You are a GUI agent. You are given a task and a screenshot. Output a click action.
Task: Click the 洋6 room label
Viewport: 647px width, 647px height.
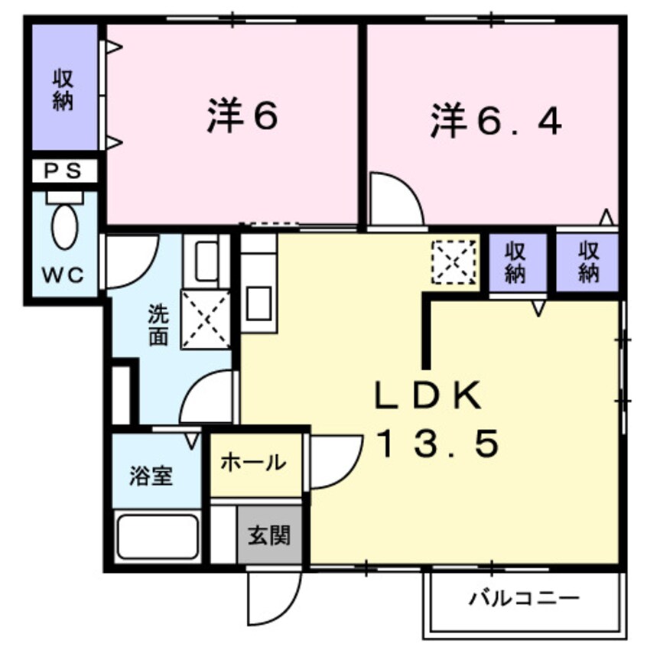pos(242,118)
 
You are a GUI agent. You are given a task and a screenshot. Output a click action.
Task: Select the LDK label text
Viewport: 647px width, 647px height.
pos(427,396)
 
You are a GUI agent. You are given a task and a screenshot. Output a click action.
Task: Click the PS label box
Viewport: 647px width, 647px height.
pos(64,171)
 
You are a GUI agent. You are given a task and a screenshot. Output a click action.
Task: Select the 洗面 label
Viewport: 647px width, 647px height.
pos(158,325)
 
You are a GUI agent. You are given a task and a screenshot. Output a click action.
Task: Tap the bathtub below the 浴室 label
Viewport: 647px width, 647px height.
pos(157,537)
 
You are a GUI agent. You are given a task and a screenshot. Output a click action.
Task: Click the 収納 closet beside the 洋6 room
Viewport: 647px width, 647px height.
pos(64,89)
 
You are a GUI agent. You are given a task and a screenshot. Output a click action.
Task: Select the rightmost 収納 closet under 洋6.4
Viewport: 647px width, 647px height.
pos(587,262)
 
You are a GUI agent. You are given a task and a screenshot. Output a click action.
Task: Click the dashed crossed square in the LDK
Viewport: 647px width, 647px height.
pos(454,261)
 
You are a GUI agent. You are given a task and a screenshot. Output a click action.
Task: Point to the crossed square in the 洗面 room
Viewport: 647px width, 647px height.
pos(205,319)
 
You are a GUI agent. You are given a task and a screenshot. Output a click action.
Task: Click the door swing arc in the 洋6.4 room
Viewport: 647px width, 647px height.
pos(395,200)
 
